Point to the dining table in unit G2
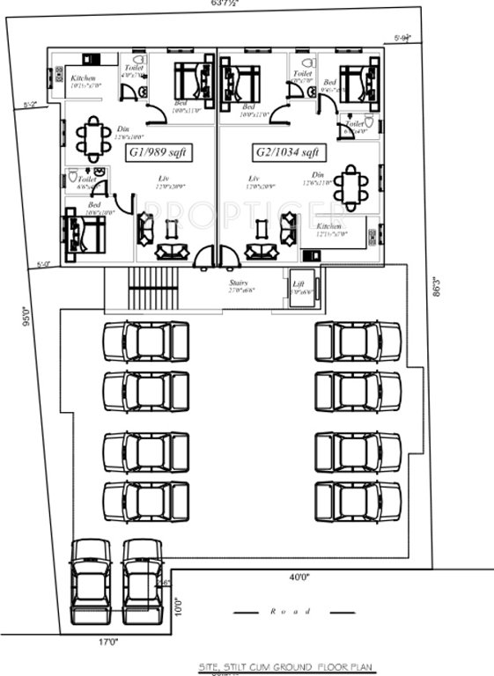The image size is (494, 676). click(351, 186)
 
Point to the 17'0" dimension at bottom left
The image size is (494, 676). click(107, 643)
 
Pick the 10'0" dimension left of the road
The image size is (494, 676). click(179, 606)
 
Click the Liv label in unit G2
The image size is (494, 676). click(254, 179)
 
